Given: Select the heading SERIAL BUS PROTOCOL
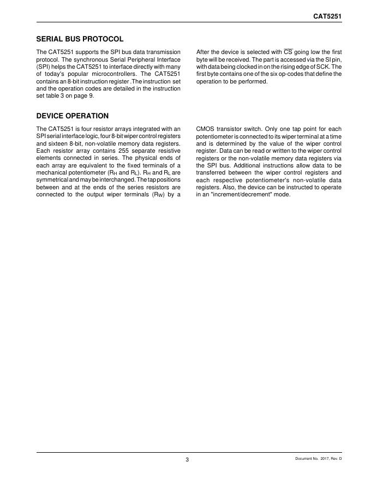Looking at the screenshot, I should [80, 39].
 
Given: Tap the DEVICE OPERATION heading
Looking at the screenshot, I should [72, 116].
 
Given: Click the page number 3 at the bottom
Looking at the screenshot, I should [187, 459].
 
